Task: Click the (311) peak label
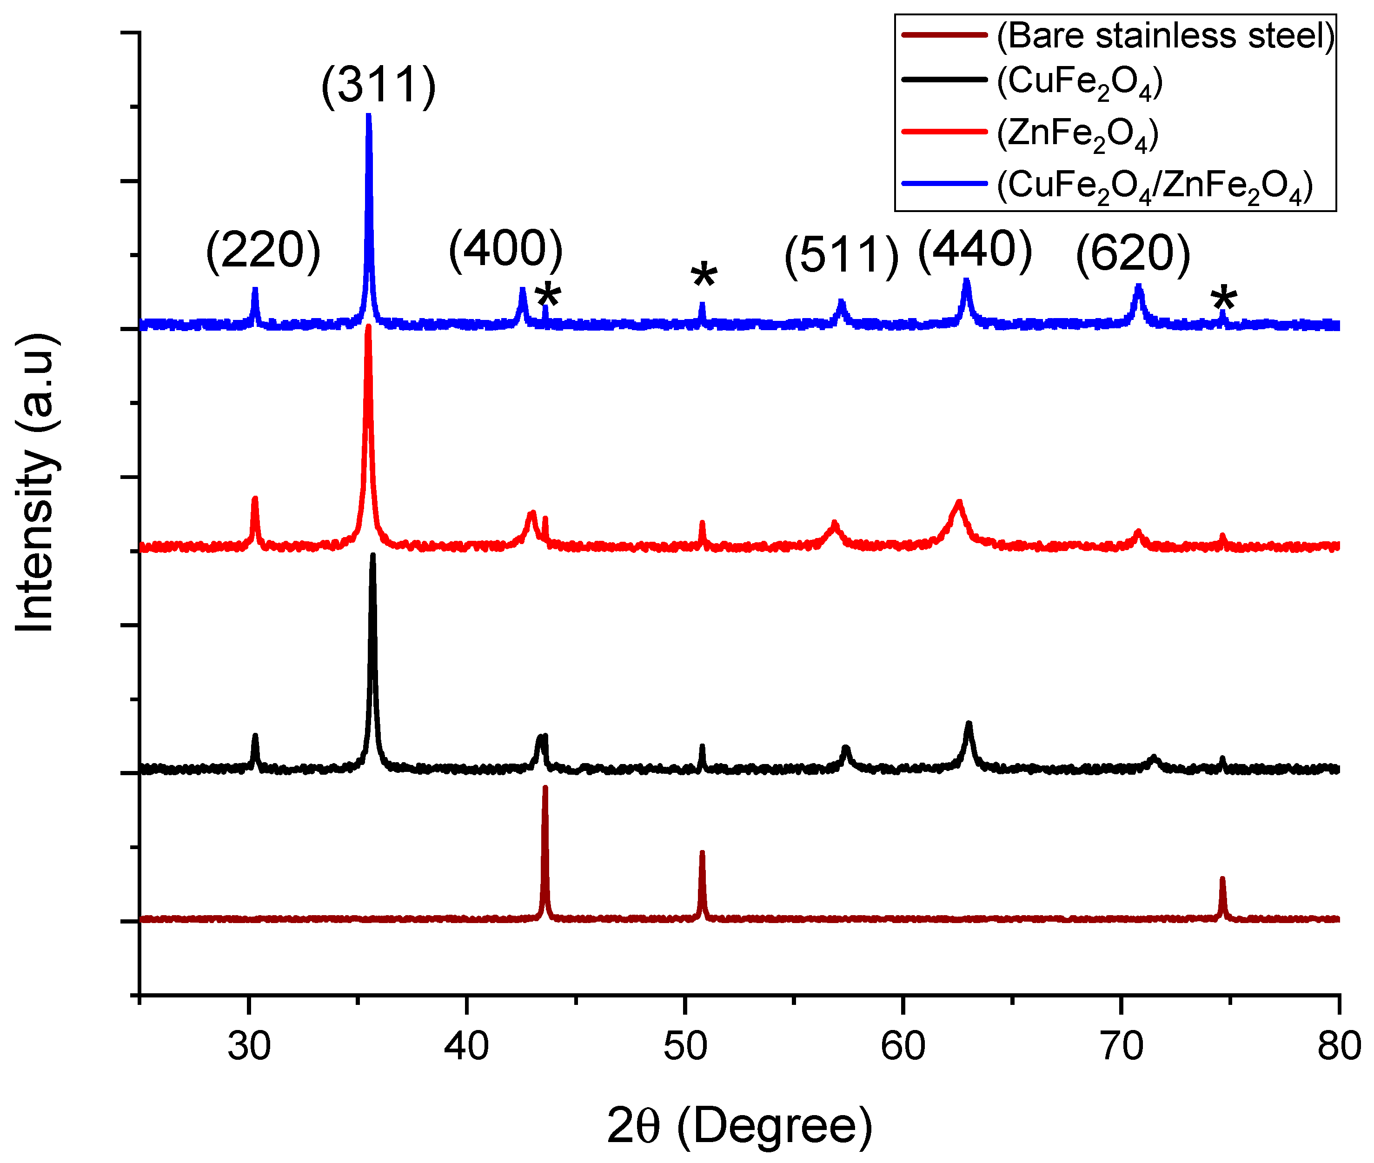pos(378,85)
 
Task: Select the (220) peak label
pos(263,251)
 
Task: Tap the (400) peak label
pos(506,249)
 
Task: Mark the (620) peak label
pos(1133,253)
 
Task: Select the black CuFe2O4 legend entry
pos(1079,82)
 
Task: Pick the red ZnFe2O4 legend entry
pos(1077,134)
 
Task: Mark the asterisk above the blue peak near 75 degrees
pos(1224,301)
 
